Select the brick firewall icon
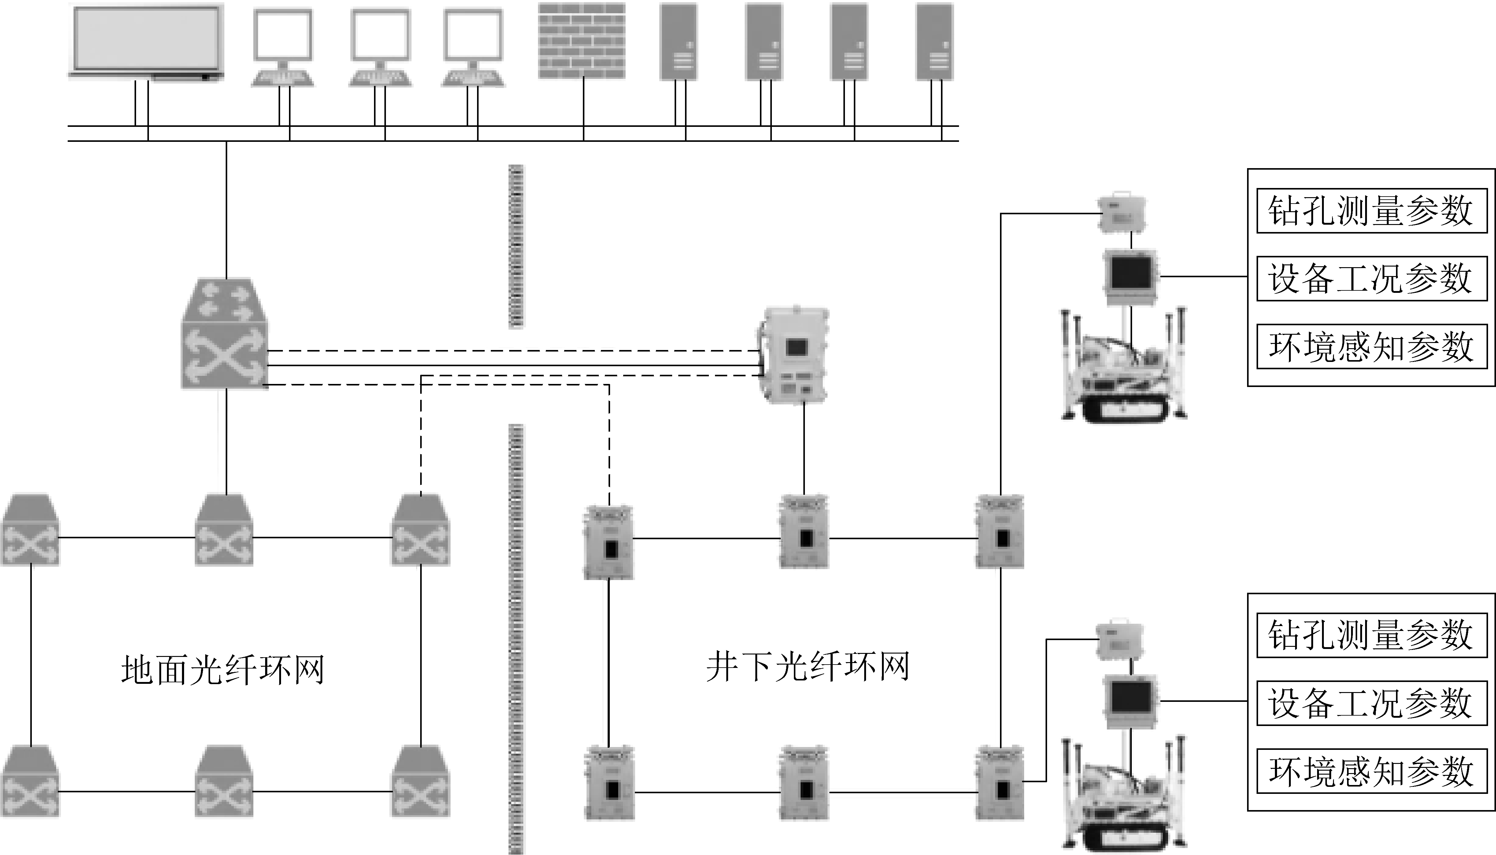[x=581, y=41]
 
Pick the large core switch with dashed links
[x=224, y=335]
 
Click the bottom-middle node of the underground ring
[x=804, y=784]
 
